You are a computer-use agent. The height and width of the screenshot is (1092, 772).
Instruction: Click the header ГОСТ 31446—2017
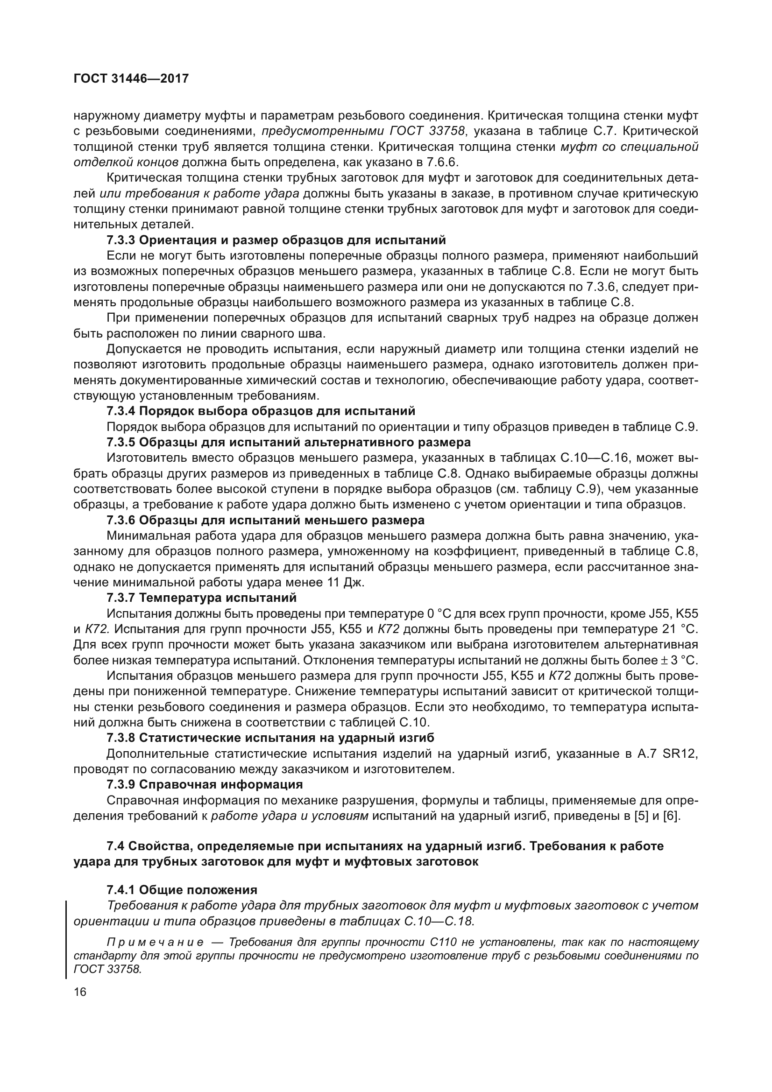coord(131,79)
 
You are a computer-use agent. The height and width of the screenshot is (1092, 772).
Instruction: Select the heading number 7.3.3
coord(121,240)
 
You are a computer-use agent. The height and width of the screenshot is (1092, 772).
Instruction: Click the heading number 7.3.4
coord(121,411)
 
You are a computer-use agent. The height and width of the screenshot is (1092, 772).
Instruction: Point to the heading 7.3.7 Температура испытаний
coord(202,598)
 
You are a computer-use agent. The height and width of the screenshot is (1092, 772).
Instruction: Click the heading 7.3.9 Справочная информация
coord(205,784)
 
